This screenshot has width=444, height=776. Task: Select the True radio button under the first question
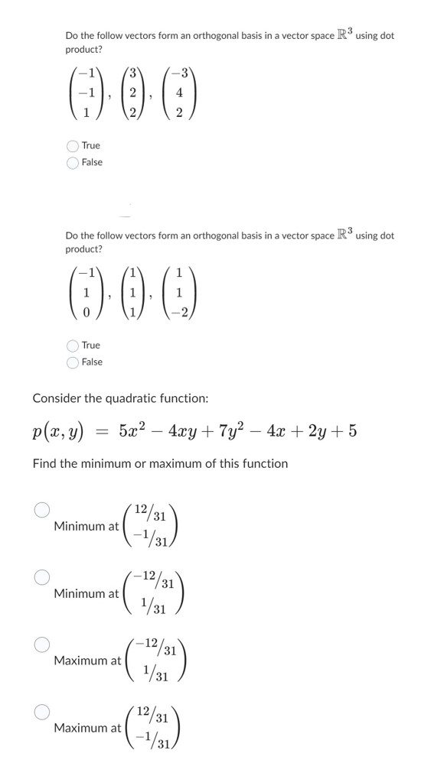click(73, 145)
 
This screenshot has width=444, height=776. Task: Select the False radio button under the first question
click(73, 162)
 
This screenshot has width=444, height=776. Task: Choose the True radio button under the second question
click(73, 346)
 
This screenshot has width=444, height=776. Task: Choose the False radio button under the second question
click(73, 362)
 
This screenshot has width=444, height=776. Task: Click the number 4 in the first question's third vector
click(179, 95)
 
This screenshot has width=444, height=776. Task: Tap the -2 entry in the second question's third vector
click(178, 309)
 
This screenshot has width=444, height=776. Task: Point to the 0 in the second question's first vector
click(87, 309)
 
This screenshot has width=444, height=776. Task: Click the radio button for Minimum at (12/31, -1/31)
click(42, 509)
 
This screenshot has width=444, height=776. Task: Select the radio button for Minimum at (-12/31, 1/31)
click(42, 576)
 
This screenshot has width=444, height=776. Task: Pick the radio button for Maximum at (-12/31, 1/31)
click(42, 644)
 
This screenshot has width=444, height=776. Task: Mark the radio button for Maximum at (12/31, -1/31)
click(42, 712)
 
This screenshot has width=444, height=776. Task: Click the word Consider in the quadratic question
click(57, 398)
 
